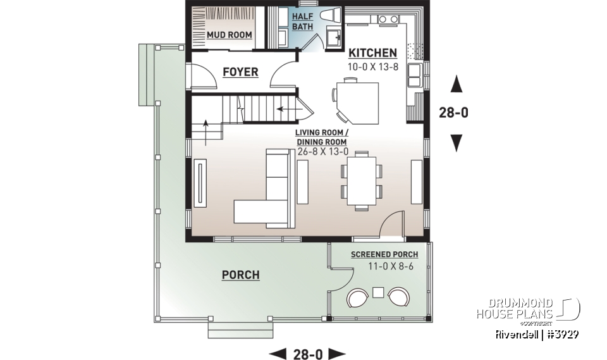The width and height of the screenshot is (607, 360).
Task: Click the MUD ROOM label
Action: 229,35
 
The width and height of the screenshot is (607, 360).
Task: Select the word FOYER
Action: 240,72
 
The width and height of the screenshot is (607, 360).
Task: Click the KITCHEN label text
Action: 372,53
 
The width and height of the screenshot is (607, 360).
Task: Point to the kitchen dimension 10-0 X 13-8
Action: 372,66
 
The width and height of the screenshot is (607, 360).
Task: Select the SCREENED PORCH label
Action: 384,255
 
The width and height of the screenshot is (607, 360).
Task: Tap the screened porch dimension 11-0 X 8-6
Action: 384,267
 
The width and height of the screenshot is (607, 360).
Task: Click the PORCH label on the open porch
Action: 240,275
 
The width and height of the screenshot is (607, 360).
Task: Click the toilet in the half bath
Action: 331,16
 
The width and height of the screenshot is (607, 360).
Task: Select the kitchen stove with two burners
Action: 387,20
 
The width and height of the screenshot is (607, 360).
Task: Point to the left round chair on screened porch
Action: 357,298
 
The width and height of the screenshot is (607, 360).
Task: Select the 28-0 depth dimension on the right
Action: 454,113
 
